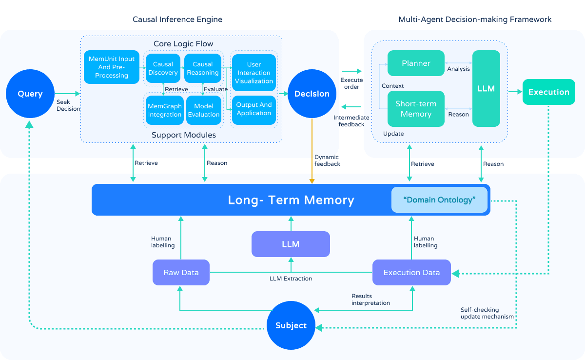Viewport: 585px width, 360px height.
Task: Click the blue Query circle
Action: point(30,94)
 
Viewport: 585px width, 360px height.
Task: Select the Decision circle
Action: point(312,94)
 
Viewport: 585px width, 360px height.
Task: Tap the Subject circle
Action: point(291,325)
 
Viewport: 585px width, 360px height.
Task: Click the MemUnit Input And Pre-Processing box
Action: point(112,67)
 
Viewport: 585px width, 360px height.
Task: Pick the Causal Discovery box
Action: point(163,68)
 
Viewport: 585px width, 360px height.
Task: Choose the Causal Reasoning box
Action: point(203,68)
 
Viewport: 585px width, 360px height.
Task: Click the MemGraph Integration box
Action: point(165,110)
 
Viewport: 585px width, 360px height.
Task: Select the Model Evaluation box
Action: point(204,110)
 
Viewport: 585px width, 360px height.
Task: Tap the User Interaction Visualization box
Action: point(254,73)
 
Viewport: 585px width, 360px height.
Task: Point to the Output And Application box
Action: point(254,110)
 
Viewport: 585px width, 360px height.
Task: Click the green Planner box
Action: point(416,63)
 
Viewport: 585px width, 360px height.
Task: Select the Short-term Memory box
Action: point(416,109)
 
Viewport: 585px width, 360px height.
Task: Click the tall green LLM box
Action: point(486,89)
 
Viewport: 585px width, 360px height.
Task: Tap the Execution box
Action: point(549,92)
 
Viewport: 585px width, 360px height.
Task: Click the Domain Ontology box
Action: point(439,200)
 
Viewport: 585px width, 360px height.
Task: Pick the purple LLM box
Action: point(291,244)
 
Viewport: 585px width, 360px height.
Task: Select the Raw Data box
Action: point(181,272)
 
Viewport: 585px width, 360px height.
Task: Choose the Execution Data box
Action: point(411,272)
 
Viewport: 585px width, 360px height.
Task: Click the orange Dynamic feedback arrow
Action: point(312,151)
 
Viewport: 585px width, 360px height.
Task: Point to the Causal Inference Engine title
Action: point(177,20)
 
